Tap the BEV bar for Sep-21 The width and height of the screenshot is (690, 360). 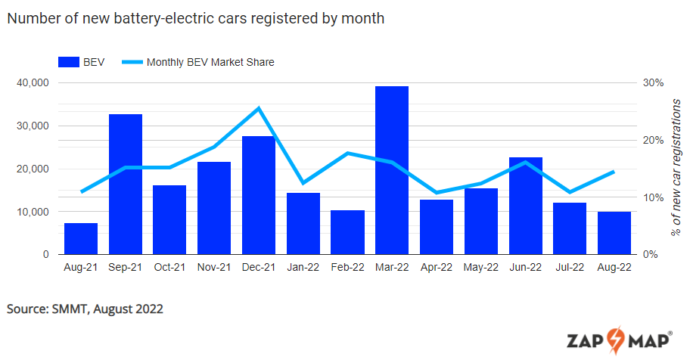click(x=126, y=185)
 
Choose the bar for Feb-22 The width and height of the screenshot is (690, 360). click(x=347, y=232)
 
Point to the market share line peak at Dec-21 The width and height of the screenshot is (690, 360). click(x=259, y=108)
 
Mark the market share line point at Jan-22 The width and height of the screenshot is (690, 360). click(x=303, y=183)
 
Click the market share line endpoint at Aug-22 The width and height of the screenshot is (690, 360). click(x=614, y=172)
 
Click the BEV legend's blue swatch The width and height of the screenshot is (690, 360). click(x=70, y=62)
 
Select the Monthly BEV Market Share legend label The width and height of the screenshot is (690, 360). click(x=210, y=62)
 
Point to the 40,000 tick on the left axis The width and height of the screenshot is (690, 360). click(x=33, y=82)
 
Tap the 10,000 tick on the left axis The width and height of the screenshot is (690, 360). click(x=33, y=212)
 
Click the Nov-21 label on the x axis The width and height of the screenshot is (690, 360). click(x=214, y=267)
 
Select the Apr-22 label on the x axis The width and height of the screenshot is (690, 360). click(x=437, y=267)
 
